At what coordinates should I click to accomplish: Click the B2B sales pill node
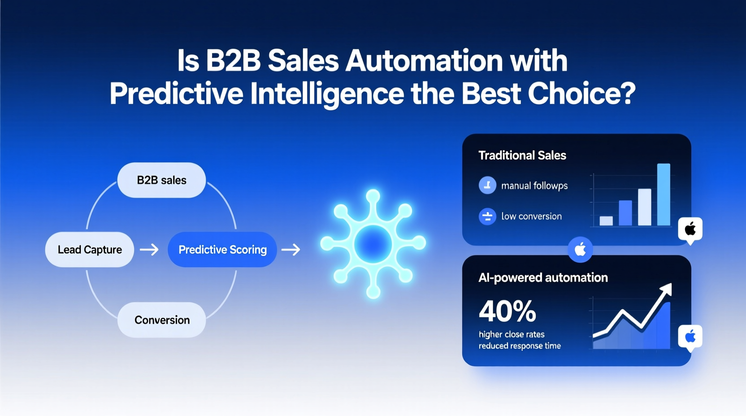[x=161, y=180]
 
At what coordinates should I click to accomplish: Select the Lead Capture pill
[x=90, y=250]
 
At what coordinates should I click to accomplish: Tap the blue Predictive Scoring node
[x=222, y=250]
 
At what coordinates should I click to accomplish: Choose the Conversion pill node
[x=162, y=320]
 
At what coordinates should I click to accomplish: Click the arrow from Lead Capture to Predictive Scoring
[x=149, y=250]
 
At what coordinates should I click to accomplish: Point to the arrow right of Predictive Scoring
[x=291, y=250]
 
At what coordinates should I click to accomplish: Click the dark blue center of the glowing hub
[x=373, y=244]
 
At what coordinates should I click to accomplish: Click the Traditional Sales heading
[x=522, y=156]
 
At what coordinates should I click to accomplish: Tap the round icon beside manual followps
[x=487, y=185]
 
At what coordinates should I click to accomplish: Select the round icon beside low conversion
[x=487, y=217]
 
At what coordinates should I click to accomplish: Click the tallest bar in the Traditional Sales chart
[x=664, y=195]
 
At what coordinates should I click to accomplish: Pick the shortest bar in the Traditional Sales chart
[x=606, y=221]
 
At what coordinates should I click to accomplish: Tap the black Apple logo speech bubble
[x=690, y=230]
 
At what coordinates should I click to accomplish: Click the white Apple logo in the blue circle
[x=580, y=250]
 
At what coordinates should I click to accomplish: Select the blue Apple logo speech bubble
[x=690, y=338]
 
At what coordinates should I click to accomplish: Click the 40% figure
[x=507, y=312]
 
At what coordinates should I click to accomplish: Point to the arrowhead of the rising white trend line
[x=666, y=289]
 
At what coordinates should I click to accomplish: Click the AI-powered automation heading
[x=543, y=277]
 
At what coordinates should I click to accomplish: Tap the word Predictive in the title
[x=177, y=94]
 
